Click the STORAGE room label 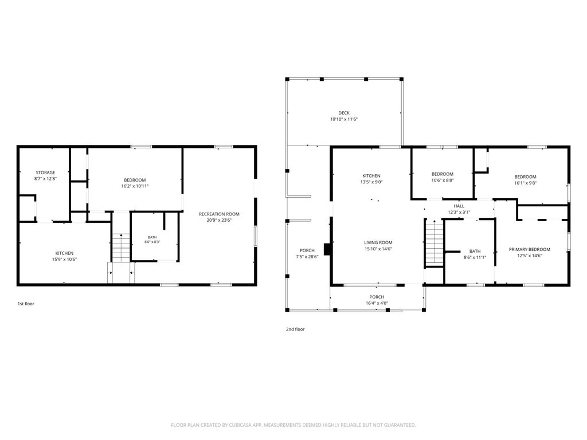(x=45, y=172)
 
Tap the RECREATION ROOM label (x=219, y=214)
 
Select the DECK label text (x=344, y=113)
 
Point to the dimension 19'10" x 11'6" (x=344, y=119)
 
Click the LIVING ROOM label (x=378, y=242)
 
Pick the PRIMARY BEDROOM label (x=529, y=249)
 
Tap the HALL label (x=459, y=206)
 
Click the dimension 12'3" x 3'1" (x=459, y=212)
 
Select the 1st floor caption (x=26, y=304)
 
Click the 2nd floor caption (x=295, y=329)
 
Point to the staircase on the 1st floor (x=121, y=247)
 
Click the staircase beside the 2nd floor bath (x=435, y=242)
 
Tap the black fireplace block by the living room (x=327, y=250)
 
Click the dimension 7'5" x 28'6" (x=307, y=257)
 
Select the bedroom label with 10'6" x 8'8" (x=443, y=174)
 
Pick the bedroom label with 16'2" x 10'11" (x=135, y=180)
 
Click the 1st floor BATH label (x=152, y=237)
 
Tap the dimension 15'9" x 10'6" (x=64, y=260)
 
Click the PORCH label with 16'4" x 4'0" (x=377, y=297)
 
